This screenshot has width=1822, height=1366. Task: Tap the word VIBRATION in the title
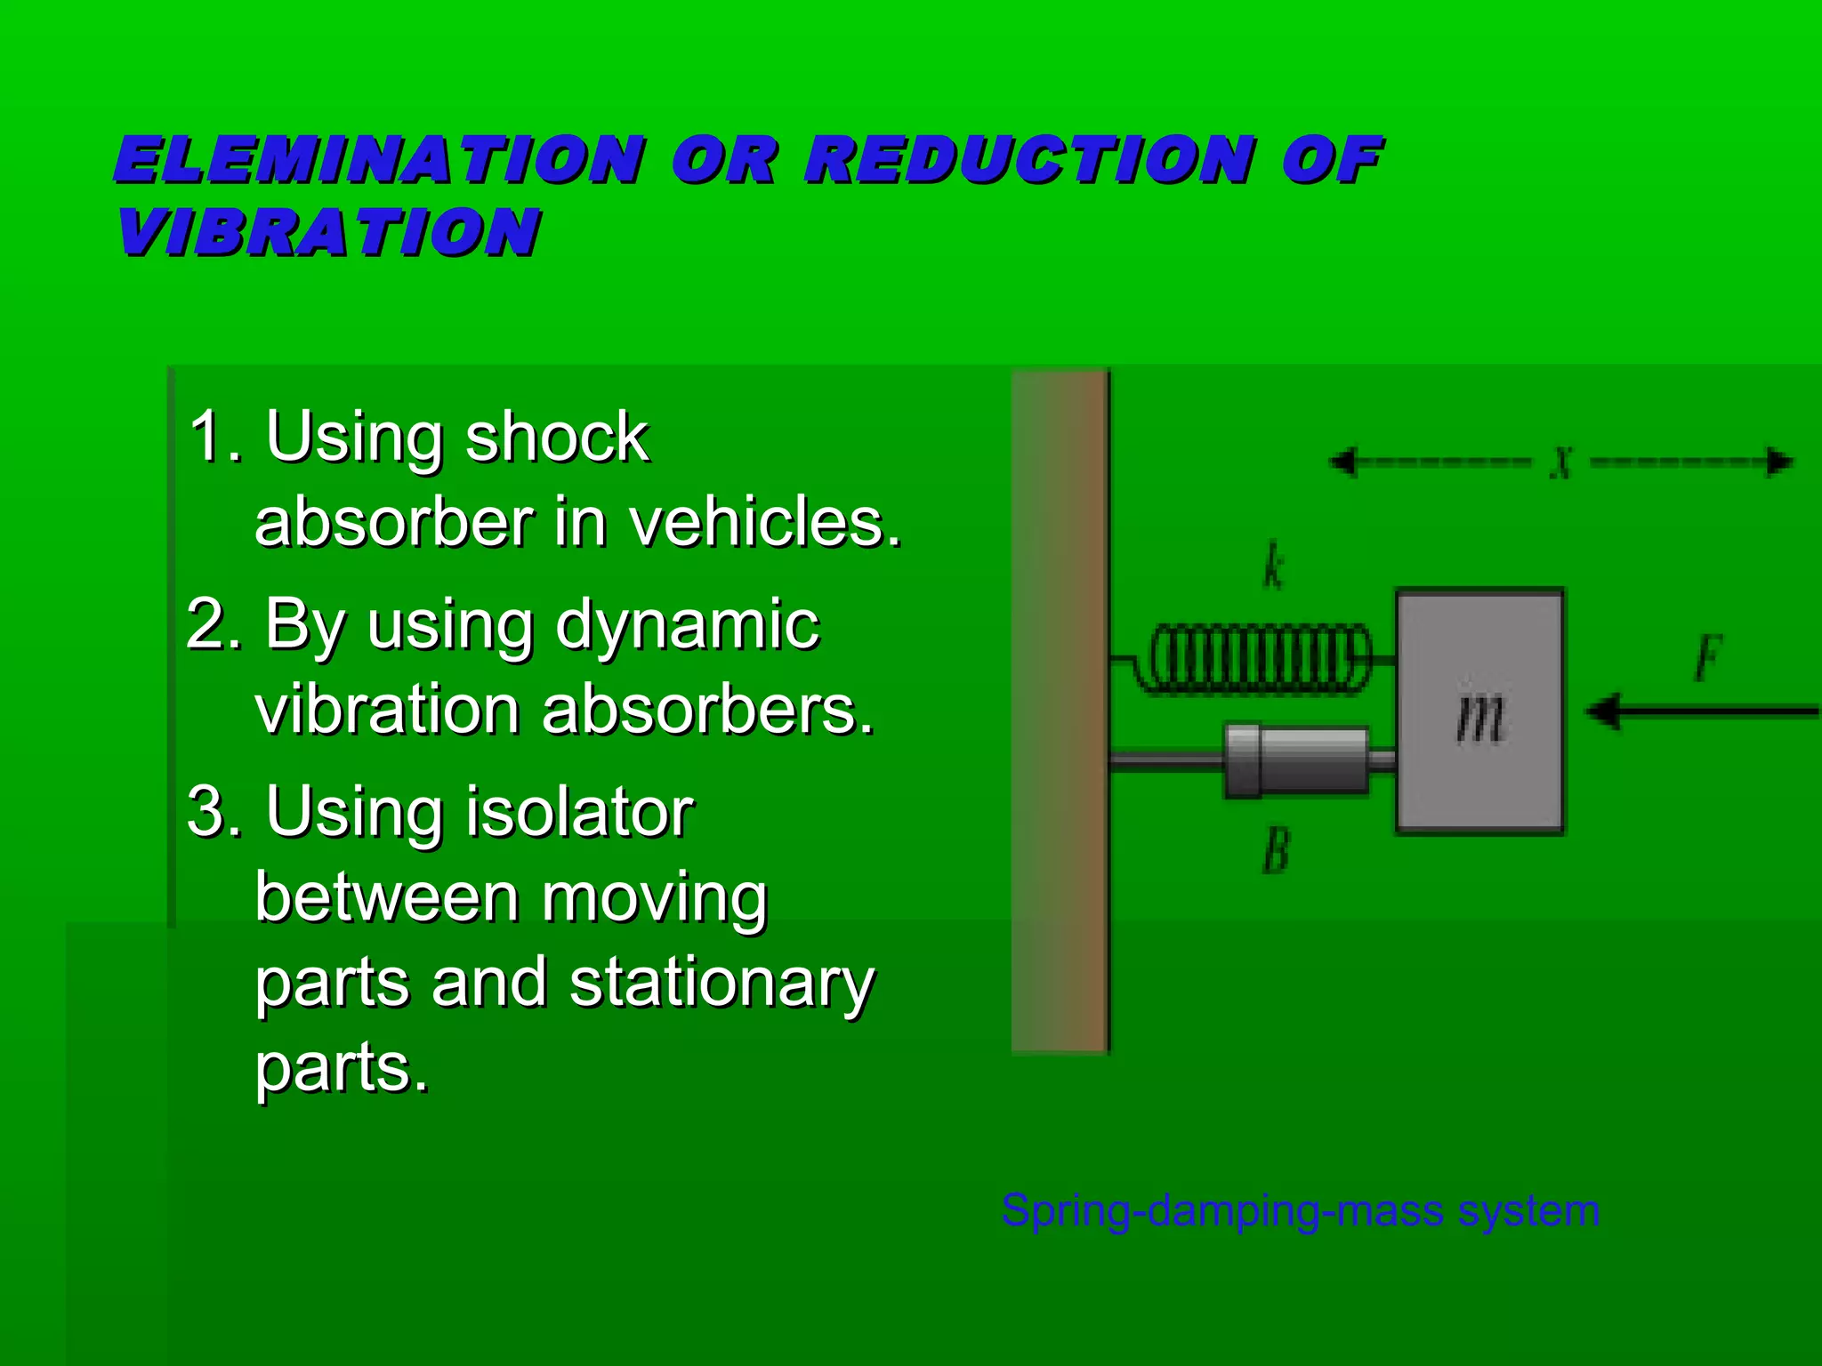[328, 233]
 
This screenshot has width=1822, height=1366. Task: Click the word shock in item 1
[557, 438]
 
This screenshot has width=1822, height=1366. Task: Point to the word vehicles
[765, 522]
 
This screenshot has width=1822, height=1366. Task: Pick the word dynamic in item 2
[687, 625]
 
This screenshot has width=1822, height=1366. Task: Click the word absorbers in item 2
[708, 711]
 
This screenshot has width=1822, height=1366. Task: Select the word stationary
[722, 983]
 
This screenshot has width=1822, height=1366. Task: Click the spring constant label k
[1274, 566]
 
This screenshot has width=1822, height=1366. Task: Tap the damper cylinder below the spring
[1297, 759]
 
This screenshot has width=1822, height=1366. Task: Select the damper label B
[1276, 850]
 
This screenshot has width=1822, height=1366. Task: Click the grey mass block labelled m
[1479, 711]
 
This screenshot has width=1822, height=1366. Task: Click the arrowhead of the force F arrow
[1604, 711]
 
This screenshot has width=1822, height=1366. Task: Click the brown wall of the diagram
[1060, 711]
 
